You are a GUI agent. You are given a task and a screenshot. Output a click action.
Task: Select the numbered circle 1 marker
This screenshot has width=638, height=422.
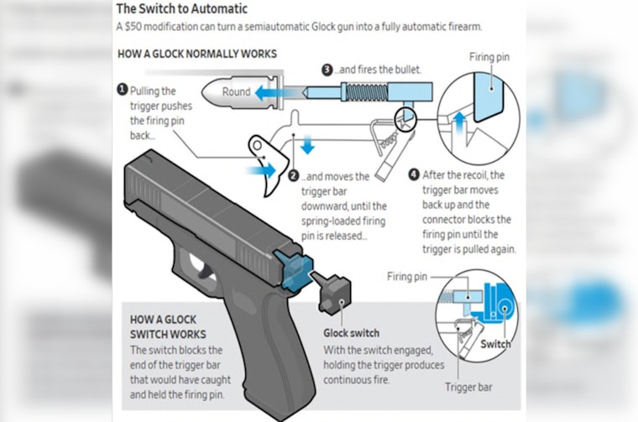pyautogui.click(x=123, y=89)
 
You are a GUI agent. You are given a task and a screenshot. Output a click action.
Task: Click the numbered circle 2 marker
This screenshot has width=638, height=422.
pyautogui.click(x=294, y=177)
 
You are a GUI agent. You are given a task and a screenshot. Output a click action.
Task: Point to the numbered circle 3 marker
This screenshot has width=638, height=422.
pyautogui.click(x=328, y=70)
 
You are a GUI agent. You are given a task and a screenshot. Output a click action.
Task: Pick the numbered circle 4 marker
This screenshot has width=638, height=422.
pyautogui.click(x=413, y=175)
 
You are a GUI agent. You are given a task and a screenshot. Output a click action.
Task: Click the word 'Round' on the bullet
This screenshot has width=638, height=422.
pyautogui.click(x=237, y=91)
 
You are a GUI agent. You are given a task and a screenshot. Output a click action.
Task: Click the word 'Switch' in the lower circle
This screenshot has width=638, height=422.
pyautogui.click(x=495, y=343)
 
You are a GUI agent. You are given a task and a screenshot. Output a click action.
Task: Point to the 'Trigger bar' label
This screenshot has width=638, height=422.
pyautogui.click(x=466, y=388)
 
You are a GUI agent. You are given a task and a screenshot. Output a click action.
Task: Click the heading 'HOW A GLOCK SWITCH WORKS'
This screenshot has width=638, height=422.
pyautogui.click(x=165, y=327)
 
